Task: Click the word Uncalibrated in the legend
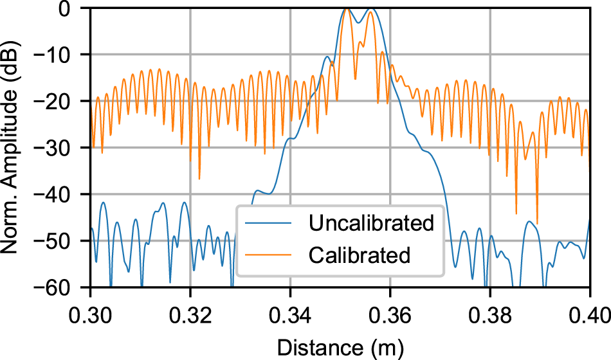pos(371,224)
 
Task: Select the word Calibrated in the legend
pos(359,255)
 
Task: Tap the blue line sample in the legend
pos(271,224)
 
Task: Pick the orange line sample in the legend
pos(271,255)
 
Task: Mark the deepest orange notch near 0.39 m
pos(537,221)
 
